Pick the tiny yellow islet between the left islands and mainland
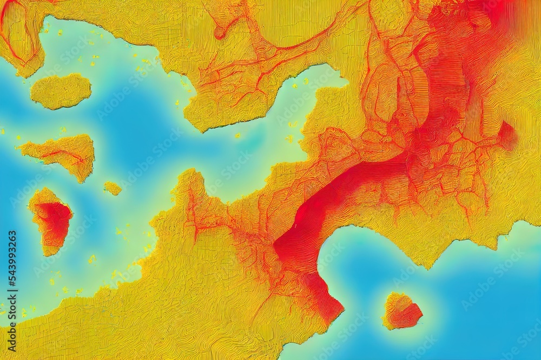tap(113, 188)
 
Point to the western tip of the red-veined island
tap(22, 147)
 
